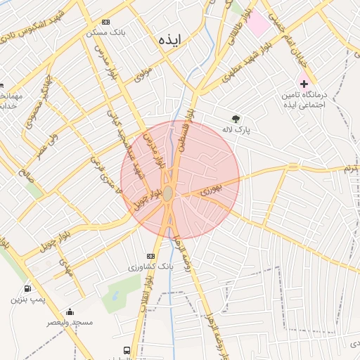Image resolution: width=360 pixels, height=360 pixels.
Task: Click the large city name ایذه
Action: point(170,41)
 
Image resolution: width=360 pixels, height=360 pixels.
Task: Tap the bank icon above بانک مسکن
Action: point(105,22)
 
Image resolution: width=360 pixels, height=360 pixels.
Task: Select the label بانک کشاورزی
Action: point(150,267)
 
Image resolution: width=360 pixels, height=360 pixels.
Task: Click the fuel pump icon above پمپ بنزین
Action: point(27,288)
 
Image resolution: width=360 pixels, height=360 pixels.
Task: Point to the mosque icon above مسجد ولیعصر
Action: point(69,311)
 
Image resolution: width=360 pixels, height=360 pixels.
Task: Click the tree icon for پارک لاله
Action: point(236,119)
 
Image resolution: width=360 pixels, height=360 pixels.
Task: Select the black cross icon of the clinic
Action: point(304,83)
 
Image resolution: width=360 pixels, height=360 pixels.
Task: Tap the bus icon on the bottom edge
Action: point(127,350)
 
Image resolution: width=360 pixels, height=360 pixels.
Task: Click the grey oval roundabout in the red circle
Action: point(168,193)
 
